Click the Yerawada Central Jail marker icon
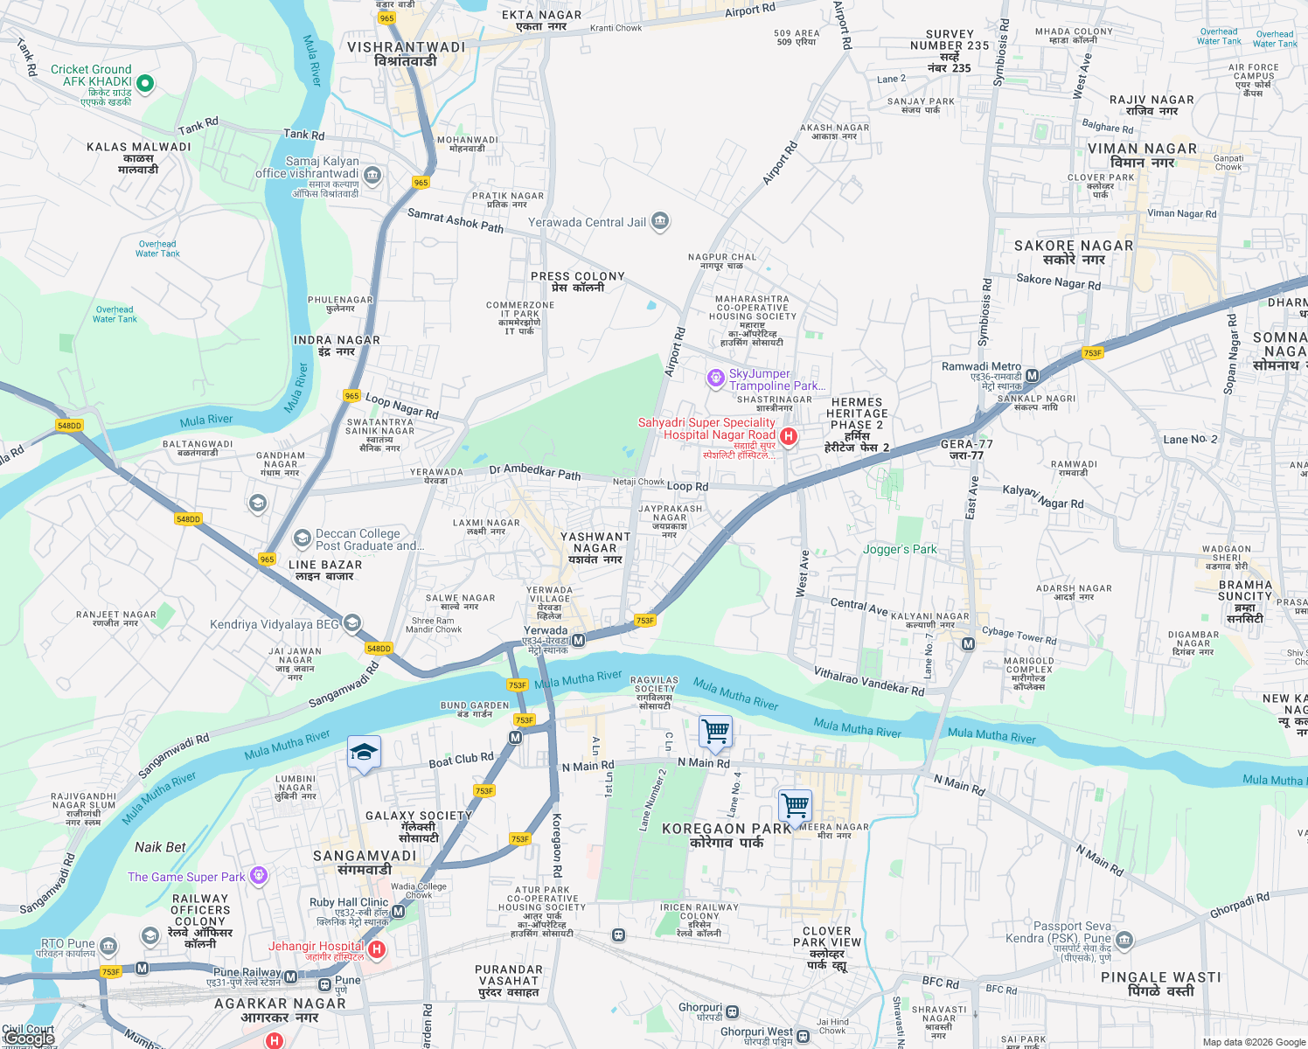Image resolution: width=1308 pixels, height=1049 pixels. click(660, 221)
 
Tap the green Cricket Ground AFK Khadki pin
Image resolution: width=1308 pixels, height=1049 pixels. click(145, 83)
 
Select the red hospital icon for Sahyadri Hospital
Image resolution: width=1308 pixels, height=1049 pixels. click(789, 436)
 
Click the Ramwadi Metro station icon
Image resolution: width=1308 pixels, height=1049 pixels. click(1032, 376)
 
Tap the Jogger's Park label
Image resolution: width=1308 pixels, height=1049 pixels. click(900, 549)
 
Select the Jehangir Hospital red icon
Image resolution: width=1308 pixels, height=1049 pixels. click(377, 949)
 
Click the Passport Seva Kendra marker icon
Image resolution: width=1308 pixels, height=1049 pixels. click(1124, 941)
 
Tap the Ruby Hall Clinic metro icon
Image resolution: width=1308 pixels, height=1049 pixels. click(399, 912)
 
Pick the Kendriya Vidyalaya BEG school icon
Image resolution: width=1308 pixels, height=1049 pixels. click(351, 623)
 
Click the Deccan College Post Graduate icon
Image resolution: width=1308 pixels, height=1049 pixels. click(302, 538)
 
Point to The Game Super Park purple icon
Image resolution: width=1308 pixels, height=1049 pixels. click(258, 875)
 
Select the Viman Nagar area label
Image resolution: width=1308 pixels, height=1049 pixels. click(1142, 155)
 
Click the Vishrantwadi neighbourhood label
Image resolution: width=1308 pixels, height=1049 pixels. click(406, 53)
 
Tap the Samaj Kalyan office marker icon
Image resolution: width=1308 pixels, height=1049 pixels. click(372, 175)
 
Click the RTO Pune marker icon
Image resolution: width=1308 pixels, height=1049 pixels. click(108, 947)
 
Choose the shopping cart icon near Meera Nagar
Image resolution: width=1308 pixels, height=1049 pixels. click(795, 805)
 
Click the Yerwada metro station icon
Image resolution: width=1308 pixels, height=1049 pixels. click(578, 641)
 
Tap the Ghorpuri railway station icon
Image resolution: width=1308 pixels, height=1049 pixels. click(732, 1012)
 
